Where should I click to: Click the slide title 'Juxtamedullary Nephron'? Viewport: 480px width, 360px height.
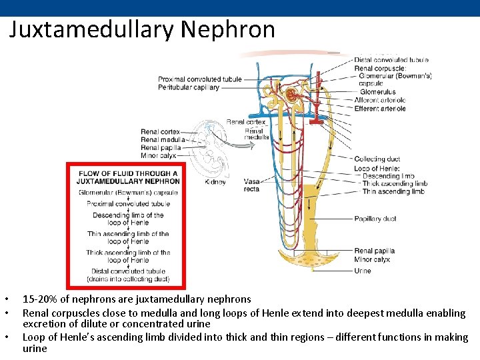click(x=142, y=29)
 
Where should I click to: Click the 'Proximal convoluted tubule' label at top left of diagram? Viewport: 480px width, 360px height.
click(x=199, y=79)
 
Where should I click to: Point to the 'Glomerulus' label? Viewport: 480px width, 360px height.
click(x=377, y=92)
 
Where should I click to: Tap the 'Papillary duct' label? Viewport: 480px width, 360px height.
click(x=375, y=219)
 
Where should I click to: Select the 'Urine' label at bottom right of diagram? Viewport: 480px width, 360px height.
click(x=363, y=271)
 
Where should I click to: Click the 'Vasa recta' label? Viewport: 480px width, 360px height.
click(x=251, y=185)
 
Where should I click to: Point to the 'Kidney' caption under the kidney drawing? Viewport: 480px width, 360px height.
click(x=215, y=181)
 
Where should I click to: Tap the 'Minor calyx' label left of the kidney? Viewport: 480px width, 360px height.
click(x=159, y=155)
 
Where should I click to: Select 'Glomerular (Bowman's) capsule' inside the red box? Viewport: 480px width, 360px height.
click(x=127, y=192)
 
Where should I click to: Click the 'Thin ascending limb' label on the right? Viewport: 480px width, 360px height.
click(x=393, y=191)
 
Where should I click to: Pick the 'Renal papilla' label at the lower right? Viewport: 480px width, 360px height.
click(x=374, y=251)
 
